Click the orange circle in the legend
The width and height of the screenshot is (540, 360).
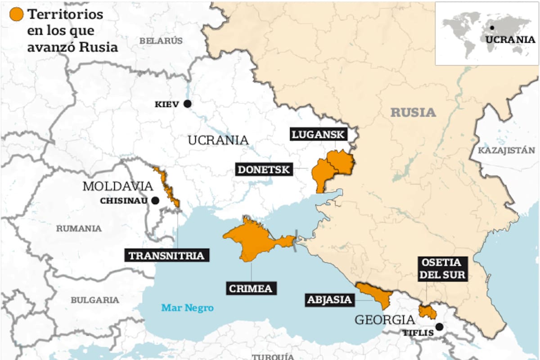(17, 15)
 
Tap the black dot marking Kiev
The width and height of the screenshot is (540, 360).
(187, 104)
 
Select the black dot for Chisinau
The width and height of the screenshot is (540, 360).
(155, 200)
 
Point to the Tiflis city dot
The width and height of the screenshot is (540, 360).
(439, 327)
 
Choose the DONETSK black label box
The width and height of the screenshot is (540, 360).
(264, 170)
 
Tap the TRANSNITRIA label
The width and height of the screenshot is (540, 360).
(166, 256)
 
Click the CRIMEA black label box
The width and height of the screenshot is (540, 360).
(251, 288)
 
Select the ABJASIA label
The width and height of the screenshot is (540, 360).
(329, 300)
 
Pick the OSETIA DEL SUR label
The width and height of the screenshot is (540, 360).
(443, 269)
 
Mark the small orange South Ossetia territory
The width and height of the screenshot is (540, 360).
(427, 311)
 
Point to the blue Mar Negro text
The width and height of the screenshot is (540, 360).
(187, 308)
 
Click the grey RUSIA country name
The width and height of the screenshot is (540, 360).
(413, 112)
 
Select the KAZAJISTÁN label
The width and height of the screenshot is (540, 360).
(506, 150)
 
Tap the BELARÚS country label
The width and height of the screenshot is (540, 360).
(161, 40)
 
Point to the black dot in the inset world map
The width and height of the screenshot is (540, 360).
(492, 27)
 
